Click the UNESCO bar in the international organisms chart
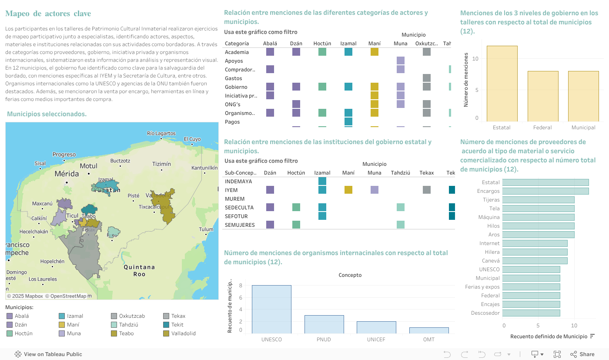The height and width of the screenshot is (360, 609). [271, 309]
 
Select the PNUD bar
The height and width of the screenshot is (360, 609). [324, 324]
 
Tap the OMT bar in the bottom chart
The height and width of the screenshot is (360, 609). [429, 330]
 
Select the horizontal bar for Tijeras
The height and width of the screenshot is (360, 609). [538, 200]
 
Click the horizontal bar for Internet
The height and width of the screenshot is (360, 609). [535, 243]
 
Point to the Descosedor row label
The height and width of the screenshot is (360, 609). [485, 313]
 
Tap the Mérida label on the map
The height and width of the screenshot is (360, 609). [67, 174]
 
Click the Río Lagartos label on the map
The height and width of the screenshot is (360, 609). [161, 133]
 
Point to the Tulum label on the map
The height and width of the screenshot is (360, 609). [206, 229]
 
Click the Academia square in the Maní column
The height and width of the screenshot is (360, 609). [375, 52]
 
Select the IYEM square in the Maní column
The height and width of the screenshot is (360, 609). [348, 190]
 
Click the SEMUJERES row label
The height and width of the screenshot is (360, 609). [240, 225]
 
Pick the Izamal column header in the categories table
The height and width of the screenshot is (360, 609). [348, 44]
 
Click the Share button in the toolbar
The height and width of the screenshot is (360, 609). [582, 354]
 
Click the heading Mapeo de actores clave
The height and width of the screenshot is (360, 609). [48, 14]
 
